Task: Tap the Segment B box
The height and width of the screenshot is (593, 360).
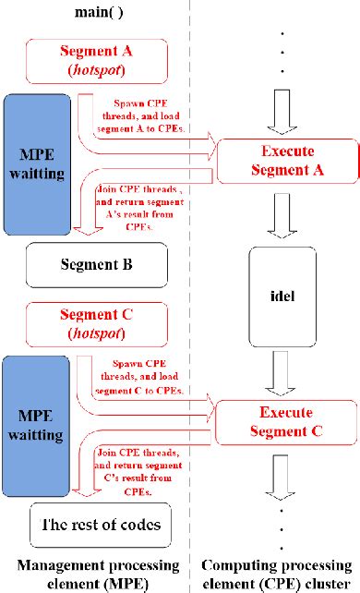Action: click(96, 264)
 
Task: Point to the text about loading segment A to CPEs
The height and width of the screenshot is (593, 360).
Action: click(149, 117)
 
